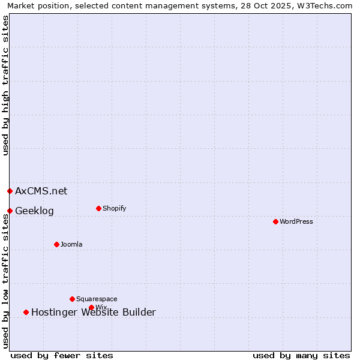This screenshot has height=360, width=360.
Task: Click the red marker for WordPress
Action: tap(275, 221)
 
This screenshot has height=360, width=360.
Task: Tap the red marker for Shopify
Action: tap(98, 208)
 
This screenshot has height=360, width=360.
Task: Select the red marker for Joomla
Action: tap(56, 244)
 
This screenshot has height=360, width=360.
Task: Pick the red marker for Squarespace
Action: tap(72, 299)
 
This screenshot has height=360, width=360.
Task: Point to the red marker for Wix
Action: tap(91, 307)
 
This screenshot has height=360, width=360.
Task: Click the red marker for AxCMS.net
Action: tap(10, 191)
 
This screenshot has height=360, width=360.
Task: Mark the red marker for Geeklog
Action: tap(10, 211)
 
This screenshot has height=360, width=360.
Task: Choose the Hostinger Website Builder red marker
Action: tap(26, 312)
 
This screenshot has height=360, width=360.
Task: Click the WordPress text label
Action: tap(296, 222)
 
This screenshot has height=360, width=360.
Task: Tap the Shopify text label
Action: tap(114, 209)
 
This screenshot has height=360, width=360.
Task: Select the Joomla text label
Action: tap(71, 245)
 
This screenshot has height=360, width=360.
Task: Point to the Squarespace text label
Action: tap(97, 299)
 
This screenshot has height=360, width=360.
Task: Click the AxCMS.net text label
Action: tap(41, 191)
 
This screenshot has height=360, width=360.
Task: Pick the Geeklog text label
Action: tap(34, 211)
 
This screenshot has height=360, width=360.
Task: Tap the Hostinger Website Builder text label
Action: tap(94, 313)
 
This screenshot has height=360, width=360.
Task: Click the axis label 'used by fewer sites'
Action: tap(62, 355)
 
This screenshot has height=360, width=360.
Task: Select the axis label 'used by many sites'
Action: tap(301, 355)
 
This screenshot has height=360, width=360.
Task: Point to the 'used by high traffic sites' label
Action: tap(5, 85)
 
